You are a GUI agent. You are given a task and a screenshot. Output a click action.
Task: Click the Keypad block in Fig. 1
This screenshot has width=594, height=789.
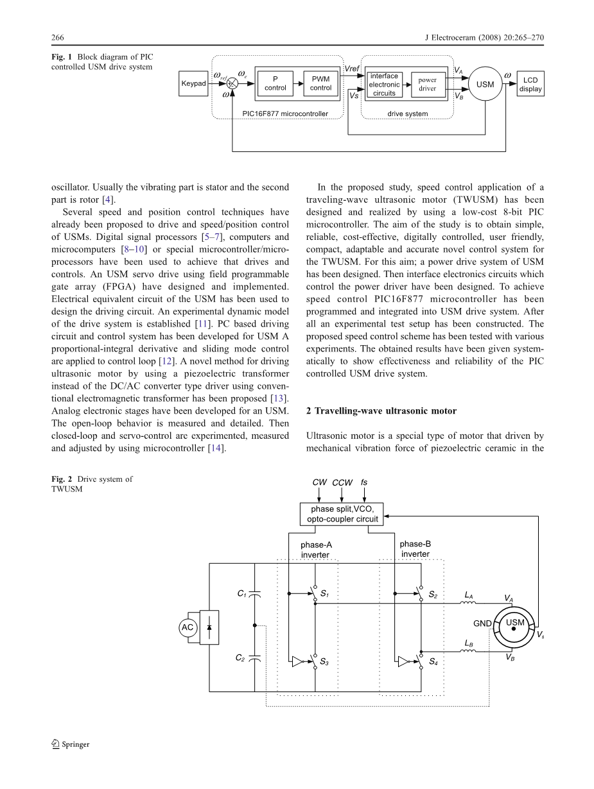(x=193, y=83)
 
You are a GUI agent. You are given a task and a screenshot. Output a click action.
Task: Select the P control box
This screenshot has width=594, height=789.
(x=275, y=84)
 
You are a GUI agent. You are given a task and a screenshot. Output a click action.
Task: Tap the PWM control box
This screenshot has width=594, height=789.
(x=320, y=84)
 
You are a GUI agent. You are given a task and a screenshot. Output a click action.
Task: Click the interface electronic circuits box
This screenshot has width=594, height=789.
(x=384, y=85)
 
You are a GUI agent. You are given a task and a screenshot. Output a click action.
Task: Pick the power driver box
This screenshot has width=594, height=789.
(x=428, y=85)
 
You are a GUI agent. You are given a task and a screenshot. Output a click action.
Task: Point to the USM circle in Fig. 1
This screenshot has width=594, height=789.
(x=485, y=84)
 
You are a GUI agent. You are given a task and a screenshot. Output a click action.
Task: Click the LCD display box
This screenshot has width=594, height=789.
(x=530, y=85)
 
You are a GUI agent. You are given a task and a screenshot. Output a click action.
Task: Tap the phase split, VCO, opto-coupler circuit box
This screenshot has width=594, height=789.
(x=342, y=514)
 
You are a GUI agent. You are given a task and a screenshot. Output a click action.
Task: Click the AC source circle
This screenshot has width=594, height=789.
(x=188, y=627)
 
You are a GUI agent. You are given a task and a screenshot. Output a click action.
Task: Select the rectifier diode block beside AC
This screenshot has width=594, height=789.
(x=209, y=627)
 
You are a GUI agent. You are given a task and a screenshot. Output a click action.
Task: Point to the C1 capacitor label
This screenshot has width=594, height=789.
(x=241, y=594)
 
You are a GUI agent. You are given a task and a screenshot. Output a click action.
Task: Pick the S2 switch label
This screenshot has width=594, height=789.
(x=433, y=595)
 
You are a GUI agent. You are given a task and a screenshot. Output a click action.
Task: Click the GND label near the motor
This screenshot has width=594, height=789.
(x=482, y=624)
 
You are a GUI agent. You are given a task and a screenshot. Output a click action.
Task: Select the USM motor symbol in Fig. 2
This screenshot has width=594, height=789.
(x=514, y=627)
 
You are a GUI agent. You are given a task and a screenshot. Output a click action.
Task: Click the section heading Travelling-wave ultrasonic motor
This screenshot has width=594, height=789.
(x=381, y=411)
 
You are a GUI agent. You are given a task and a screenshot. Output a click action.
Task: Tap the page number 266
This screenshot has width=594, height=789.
(x=58, y=37)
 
